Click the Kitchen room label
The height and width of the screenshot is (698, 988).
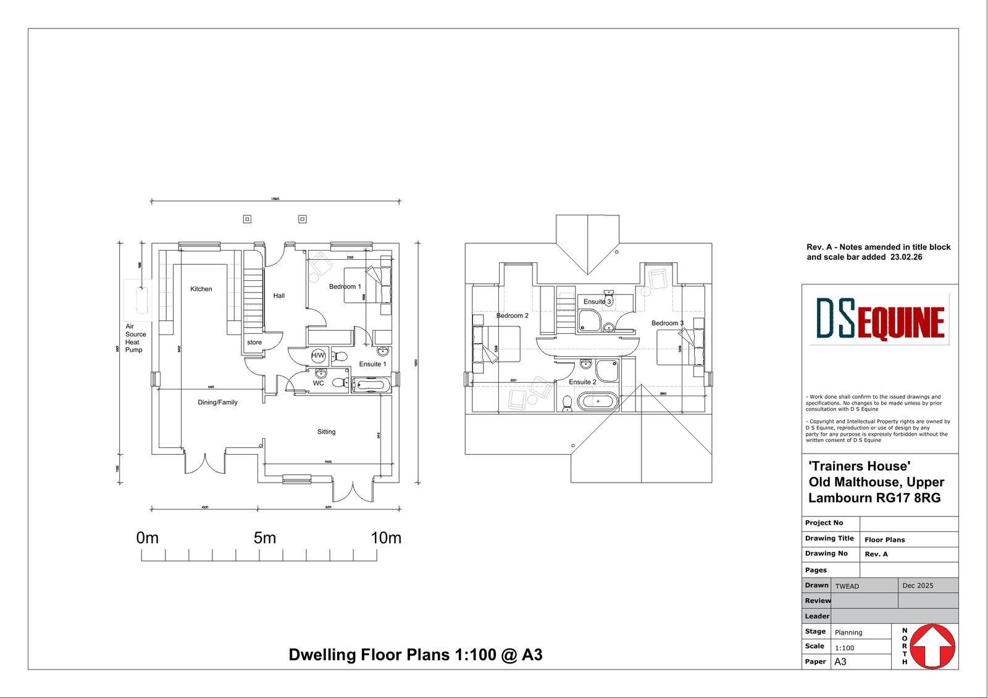click(201, 289)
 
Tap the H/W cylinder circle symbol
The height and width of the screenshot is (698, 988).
click(318, 355)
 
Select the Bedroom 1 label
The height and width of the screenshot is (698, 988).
click(345, 286)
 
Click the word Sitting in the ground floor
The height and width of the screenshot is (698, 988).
click(326, 432)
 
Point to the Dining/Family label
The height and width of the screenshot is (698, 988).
click(217, 402)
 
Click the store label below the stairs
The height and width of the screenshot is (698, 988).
click(254, 343)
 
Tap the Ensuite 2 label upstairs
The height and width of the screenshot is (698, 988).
click(582, 382)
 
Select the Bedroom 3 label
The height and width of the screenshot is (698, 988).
click(667, 323)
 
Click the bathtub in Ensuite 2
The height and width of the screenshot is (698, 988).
click(597, 402)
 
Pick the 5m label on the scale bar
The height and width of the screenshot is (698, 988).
click(264, 538)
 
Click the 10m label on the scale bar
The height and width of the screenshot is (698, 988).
click(386, 538)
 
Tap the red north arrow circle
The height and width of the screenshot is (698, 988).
click(933, 646)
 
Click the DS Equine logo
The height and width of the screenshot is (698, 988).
click(879, 318)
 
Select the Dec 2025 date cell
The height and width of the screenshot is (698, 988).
click(918, 586)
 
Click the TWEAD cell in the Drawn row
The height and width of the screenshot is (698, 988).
click(847, 586)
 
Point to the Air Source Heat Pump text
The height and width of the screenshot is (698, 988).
click(135, 338)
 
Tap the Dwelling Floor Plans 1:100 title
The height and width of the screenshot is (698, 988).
click(415, 655)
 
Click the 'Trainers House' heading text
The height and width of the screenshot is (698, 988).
click(859, 466)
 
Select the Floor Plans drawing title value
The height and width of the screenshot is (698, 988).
click(884, 540)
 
